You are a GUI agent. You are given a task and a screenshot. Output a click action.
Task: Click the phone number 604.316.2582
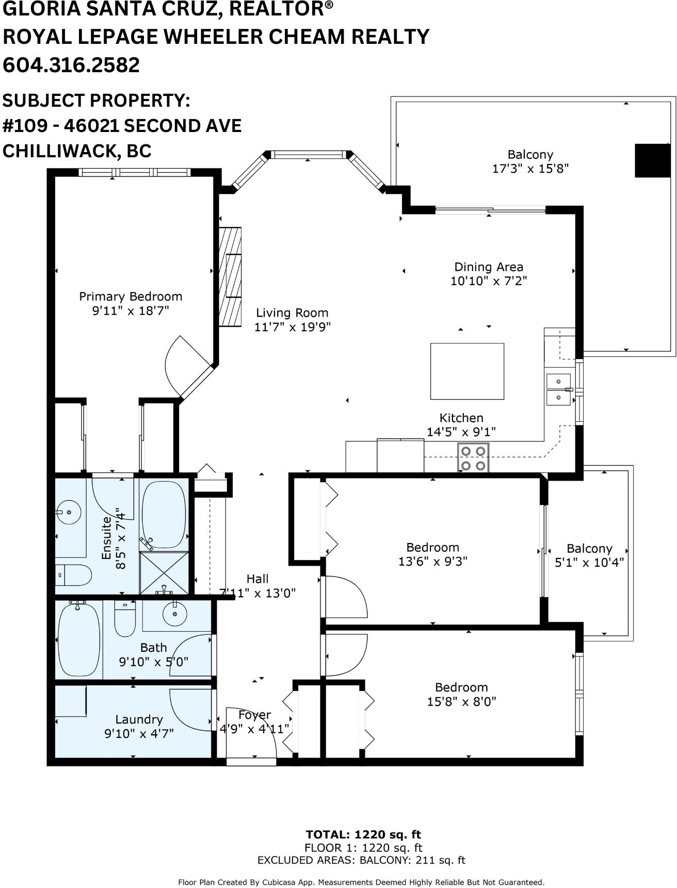(71, 65)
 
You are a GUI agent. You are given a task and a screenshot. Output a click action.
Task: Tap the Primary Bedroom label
(131, 297)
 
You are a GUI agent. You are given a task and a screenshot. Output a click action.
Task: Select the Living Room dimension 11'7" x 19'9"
(292, 327)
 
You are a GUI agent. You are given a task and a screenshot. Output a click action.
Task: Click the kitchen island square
(467, 371)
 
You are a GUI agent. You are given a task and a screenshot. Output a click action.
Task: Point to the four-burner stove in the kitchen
(473, 458)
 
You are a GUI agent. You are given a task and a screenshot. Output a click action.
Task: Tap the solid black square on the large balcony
(652, 160)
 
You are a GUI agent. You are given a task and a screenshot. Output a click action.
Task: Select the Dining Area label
(489, 267)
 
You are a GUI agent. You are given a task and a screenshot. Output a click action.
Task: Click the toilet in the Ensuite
(73, 575)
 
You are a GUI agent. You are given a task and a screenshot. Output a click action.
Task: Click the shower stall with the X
(164, 573)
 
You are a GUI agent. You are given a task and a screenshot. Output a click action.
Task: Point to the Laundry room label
(139, 719)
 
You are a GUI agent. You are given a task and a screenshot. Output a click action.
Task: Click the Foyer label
(255, 715)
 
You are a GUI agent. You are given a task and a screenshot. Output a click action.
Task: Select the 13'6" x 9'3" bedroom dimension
(433, 561)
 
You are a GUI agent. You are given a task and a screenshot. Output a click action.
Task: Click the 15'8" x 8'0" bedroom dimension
(461, 701)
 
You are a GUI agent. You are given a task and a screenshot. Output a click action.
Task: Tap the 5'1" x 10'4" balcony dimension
(589, 562)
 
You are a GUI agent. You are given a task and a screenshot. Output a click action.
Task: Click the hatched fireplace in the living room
(230, 277)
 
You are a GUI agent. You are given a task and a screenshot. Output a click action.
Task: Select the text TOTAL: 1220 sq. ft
(363, 834)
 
